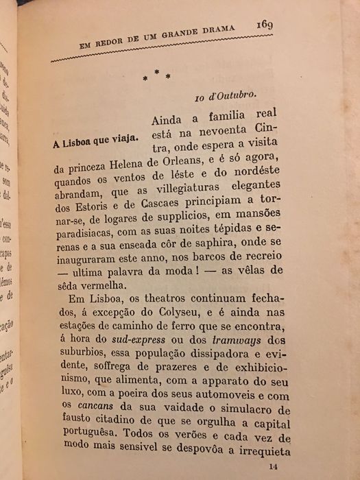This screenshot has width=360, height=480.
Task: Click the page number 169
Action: click(x=265, y=25)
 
